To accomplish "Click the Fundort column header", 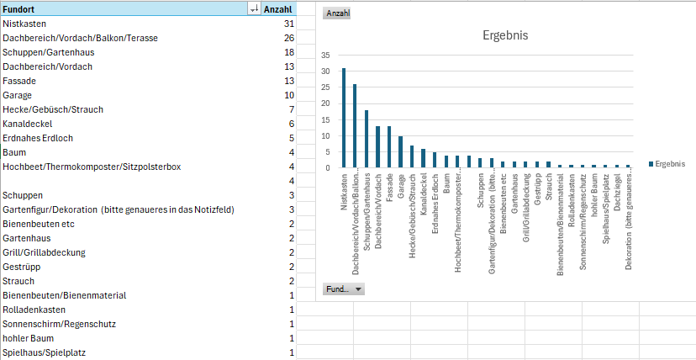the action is [x=18, y=9].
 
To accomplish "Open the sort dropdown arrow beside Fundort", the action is [x=255, y=9].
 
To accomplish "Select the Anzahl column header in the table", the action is [x=278, y=9].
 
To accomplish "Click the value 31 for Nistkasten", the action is [x=289, y=24].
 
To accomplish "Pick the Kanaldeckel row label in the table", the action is [x=28, y=124].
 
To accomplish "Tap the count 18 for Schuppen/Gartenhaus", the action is [x=289, y=52].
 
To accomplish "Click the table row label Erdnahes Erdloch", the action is [x=38, y=138].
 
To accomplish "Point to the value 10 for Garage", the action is [x=289, y=95].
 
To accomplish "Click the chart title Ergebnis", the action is [x=505, y=35].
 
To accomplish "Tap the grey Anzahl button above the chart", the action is [x=337, y=13].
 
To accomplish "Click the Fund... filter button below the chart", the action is [x=344, y=289].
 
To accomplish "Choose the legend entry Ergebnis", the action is [x=667, y=164].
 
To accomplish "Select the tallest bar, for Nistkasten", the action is [x=344, y=118].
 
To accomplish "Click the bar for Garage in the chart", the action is [x=400, y=151].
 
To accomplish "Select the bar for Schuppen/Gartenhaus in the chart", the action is [x=366, y=139].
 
